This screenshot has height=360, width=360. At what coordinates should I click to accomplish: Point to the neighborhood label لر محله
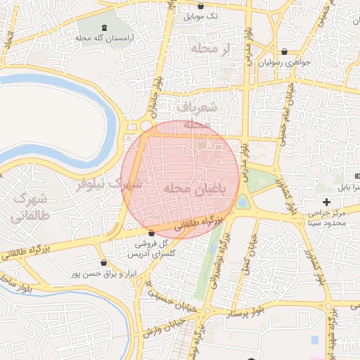[210, 49]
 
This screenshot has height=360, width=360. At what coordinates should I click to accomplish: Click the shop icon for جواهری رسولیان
[283, 51]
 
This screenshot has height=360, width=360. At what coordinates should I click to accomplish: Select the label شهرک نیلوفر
[109, 184]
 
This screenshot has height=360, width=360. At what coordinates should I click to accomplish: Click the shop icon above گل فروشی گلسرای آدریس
[150, 233]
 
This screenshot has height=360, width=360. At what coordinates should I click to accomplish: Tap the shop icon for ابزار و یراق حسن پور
[104, 263]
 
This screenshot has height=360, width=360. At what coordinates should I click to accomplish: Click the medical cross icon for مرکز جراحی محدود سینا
[326, 202]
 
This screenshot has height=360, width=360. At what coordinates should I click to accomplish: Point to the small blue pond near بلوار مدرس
[243, 202]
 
